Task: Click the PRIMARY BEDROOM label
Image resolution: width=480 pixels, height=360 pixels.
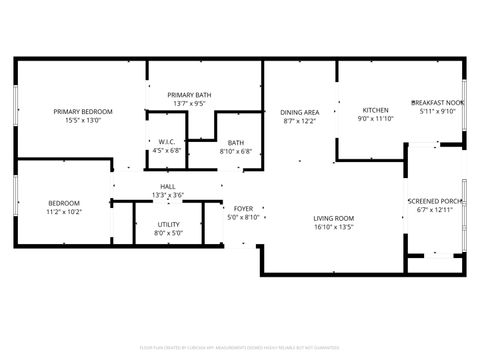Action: (x=83, y=111)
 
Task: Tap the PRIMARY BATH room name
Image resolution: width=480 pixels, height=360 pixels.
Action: (x=189, y=93)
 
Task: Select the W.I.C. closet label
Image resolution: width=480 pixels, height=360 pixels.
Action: (x=167, y=142)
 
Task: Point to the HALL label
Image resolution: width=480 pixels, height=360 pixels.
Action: (x=168, y=186)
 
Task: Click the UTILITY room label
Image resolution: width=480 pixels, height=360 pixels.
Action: (x=169, y=225)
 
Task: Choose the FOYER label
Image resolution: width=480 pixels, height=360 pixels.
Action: (x=243, y=209)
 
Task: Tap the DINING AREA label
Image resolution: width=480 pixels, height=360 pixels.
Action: (x=299, y=112)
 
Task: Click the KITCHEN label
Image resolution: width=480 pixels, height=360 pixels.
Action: (x=375, y=110)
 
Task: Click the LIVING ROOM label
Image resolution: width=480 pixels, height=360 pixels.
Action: (x=334, y=218)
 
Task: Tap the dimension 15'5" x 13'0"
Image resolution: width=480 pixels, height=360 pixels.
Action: (x=83, y=120)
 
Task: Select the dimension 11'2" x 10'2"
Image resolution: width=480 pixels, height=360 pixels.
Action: (x=64, y=212)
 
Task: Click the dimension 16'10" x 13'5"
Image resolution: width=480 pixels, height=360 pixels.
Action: (x=334, y=227)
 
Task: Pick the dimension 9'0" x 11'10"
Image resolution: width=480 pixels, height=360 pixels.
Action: (x=375, y=119)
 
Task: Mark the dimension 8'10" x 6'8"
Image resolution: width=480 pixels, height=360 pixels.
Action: (x=236, y=152)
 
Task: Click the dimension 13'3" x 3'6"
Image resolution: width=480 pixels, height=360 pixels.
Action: (x=168, y=195)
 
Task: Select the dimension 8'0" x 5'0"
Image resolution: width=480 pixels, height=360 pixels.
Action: (x=169, y=234)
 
